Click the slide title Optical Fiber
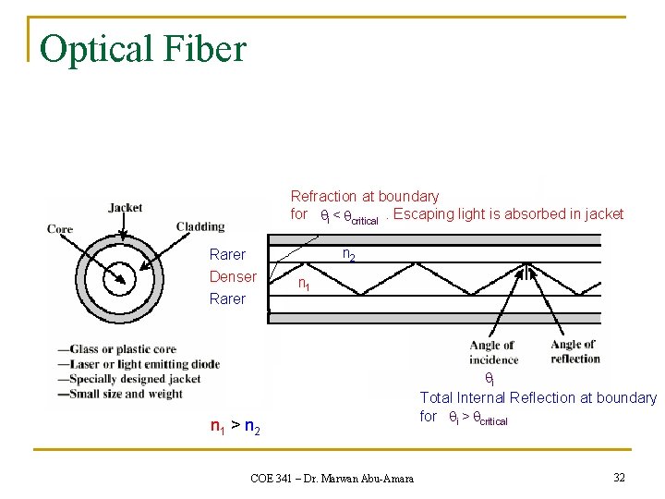143,48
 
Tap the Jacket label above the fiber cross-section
125,208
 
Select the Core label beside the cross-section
60,229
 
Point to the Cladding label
200,226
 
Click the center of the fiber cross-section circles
120,278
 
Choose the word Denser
233,276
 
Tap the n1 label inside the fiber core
303,286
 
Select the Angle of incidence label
493,353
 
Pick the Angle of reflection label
574,352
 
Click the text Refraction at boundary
365,196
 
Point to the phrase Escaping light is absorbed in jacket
508,214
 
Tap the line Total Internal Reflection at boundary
538,397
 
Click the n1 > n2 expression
235,427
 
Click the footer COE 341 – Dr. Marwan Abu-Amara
332,478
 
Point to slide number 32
619,477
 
